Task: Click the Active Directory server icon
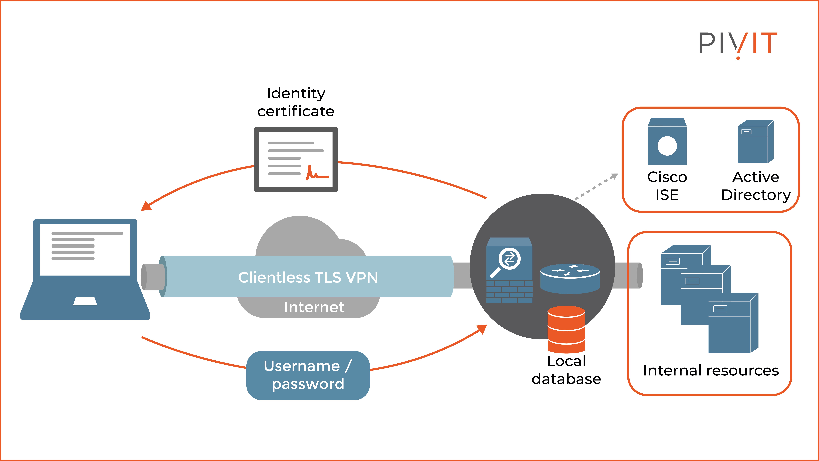coord(755,142)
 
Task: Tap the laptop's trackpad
coord(85,301)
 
